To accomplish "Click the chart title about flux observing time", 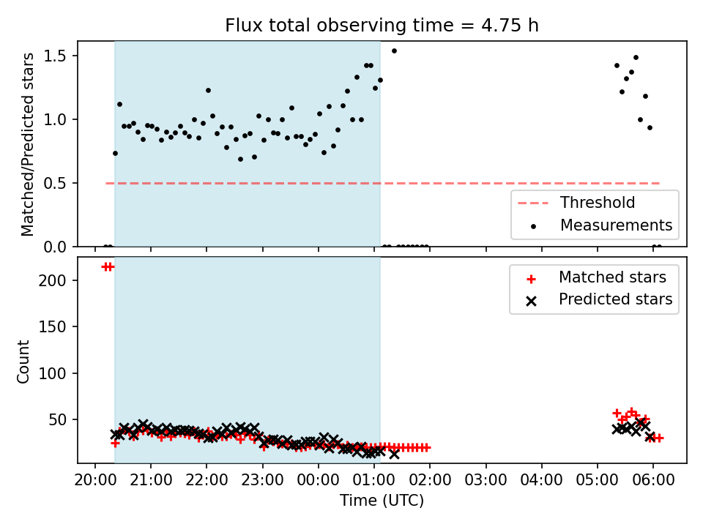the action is point(382,26).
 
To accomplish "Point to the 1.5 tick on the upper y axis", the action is point(55,56).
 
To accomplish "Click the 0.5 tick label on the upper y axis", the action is point(55,183).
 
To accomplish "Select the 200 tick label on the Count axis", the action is point(53,280).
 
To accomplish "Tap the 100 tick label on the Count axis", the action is point(53,373).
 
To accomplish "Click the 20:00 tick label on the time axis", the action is point(94,480).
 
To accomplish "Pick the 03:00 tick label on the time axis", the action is point(486,480).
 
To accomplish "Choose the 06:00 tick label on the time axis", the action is point(653,480).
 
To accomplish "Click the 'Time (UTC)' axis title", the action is point(382,500).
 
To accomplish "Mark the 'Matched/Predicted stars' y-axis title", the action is point(27,144).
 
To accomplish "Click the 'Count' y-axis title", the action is point(23,362).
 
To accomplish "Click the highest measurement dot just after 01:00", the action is point(394,51).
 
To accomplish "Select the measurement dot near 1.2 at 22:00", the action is point(208,91).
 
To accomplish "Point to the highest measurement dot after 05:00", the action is point(636,58).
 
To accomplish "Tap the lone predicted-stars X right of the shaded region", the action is point(394,454).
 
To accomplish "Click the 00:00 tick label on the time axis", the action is point(319,480).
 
